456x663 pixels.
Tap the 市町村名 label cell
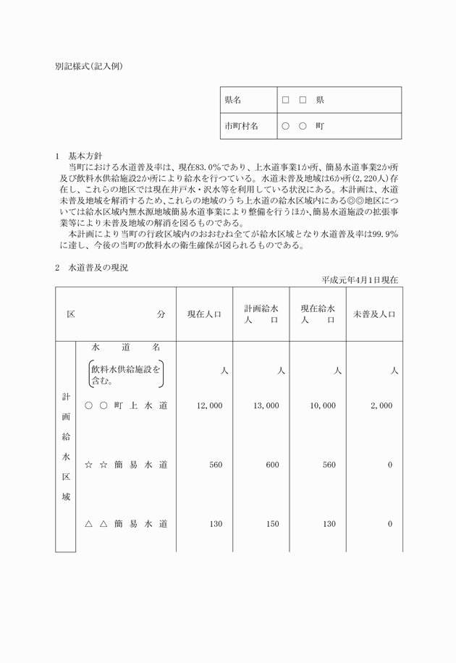point(241,126)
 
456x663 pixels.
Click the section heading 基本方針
point(85,156)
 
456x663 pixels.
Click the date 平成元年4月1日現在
point(360,279)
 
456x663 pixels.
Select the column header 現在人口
point(205,314)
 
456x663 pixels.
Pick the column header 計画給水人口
point(261,314)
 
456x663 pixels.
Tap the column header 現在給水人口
point(318,314)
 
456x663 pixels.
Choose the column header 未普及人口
point(373,314)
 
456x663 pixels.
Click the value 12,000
point(210,406)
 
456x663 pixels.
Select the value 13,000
point(266,406)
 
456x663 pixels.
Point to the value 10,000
point(323,406)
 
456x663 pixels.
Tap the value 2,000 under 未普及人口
point(381,406)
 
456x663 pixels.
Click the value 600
point(272,465)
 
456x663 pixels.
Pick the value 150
point(272,524)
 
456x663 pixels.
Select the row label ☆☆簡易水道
point(126,465)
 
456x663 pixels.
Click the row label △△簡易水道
point(126,524)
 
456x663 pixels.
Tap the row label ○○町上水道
point(126,406)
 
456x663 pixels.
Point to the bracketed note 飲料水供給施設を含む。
point(126,373)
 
